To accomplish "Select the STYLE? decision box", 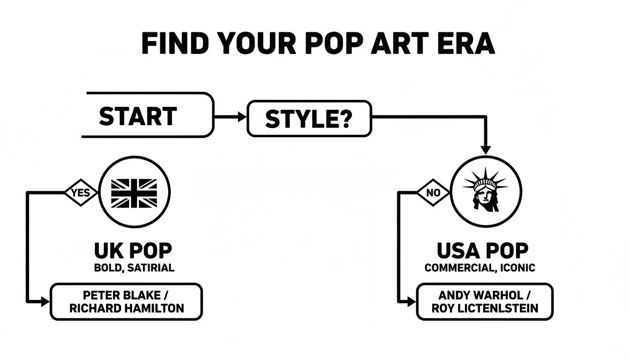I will (x=308, y=118).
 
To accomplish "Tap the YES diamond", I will (x=80, y=192).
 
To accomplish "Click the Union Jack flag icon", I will (x=134, y=192).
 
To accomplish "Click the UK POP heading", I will (x=133, y=251).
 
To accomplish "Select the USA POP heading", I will (x=482, y=251).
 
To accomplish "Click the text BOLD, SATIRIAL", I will (x=134, y=268).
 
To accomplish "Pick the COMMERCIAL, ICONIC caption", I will (x=480, y=268).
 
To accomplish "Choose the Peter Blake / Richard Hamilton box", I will (x=126, y=302).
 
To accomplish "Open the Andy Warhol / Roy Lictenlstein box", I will (x=485, y=302).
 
